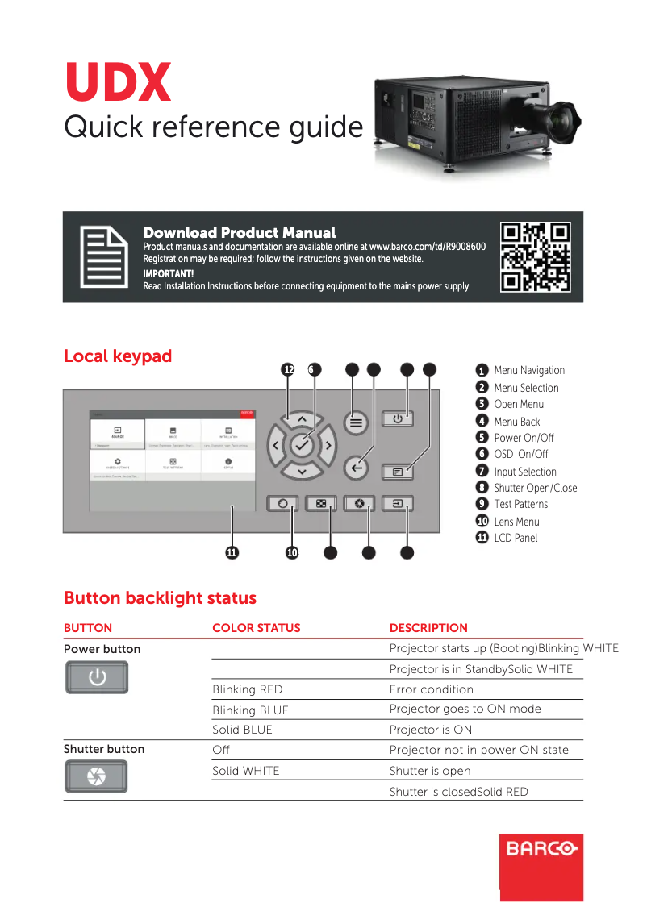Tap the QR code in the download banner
click(536, 256)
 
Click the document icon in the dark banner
click(103, 257)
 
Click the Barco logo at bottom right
click(541, 849)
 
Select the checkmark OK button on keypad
click(302, 444)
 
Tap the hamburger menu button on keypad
click(357, 422)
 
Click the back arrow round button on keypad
click(357, 468)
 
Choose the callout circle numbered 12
click(289, 369)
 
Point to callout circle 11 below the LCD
click(232, 552)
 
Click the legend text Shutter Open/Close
click(535, 488)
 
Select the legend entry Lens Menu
click(516, 522)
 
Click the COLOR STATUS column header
click(256, 628)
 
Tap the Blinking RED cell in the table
click(247, 689)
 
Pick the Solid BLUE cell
click(242, 730)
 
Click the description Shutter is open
click(429, 771)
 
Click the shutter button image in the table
click(96, 776)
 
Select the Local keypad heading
click(118, 356)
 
